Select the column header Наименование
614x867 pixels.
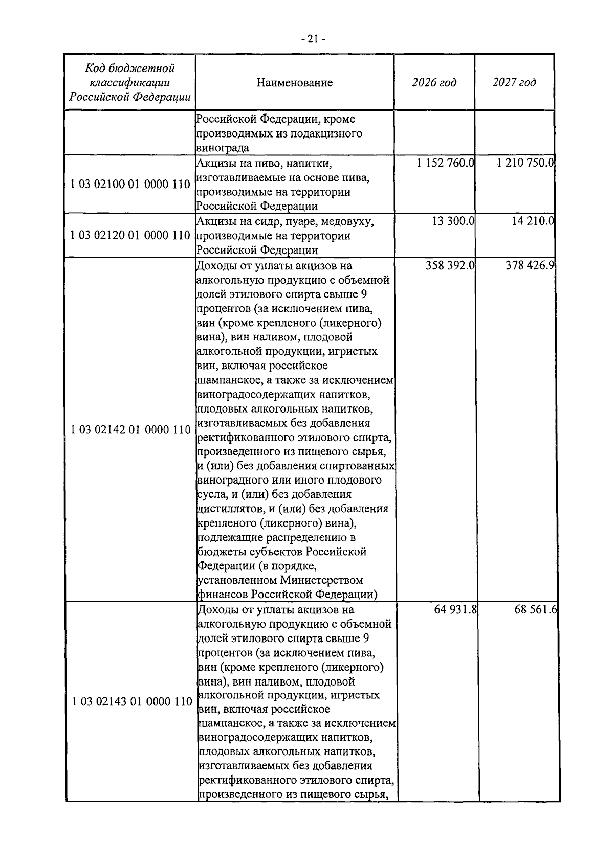[294, 83]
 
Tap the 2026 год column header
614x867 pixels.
[434, 83]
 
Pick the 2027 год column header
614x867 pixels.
[514, 83]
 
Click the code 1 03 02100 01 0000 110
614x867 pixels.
[130, 185]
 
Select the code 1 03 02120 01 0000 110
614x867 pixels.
[130, 236]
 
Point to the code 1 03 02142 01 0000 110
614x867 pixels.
[130, 430]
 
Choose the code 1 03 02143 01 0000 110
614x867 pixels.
[132, 702]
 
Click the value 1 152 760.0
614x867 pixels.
[445, 164]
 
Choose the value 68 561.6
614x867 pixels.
[536, 610]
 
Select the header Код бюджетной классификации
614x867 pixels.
[130, 83]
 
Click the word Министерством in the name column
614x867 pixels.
[321, 581]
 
